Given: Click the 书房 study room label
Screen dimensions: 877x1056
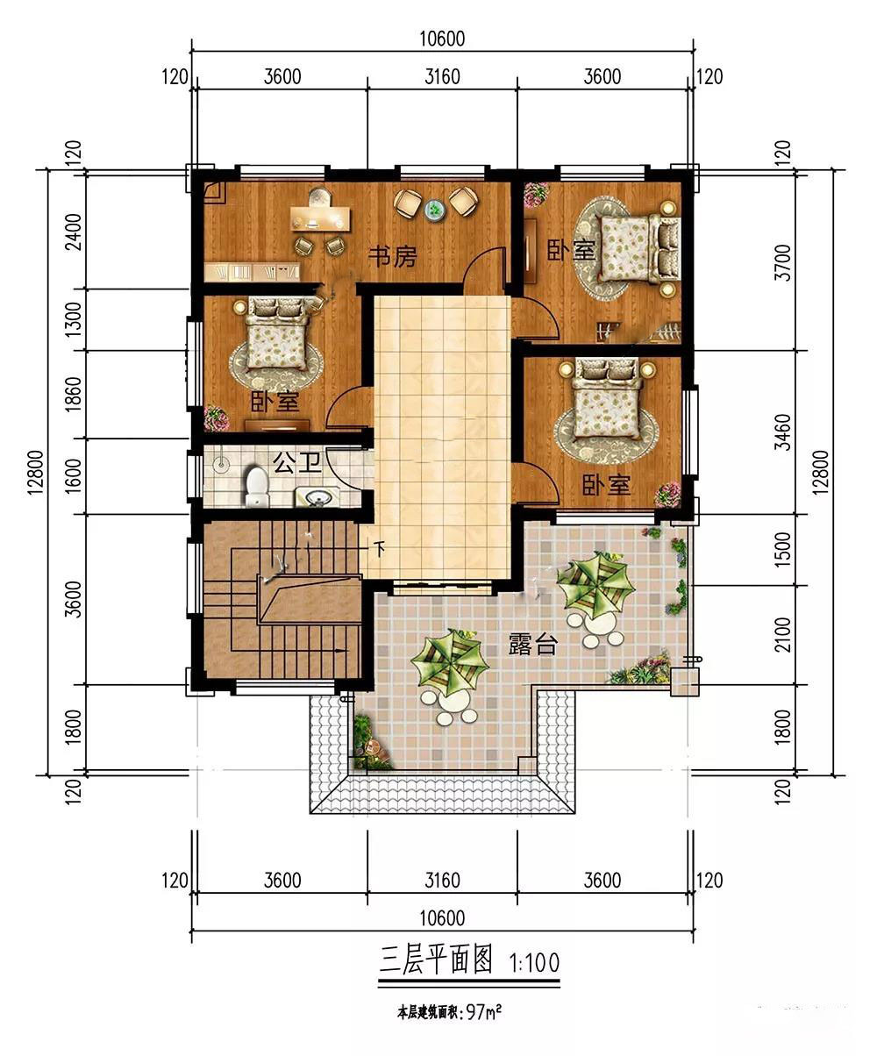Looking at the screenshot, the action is [x=392, y=256].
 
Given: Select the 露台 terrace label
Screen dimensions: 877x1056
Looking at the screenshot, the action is [x=532, y=644].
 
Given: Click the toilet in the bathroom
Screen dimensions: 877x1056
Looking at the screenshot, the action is [x=256, y=487].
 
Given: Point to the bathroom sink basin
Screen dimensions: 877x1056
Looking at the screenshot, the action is [x=317, y=497].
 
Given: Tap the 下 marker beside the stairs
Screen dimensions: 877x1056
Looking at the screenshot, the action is [x=380, y=547].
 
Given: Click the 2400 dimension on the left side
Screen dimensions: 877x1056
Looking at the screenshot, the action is [x=74, y=232].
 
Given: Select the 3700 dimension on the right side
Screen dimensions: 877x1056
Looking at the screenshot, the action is [x=783, y=262].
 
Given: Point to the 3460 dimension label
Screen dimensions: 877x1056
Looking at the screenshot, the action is [x=783, y=432].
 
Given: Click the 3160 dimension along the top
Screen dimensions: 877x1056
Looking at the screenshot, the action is [x=442, y=77].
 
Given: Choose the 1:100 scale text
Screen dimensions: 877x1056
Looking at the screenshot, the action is [x=534, y=962].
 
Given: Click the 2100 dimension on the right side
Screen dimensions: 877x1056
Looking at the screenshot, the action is [x=783, y=635].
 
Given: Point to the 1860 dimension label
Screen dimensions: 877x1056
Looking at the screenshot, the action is [x=74, y=394].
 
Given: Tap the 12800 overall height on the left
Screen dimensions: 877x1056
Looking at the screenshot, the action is [x=37, y=472].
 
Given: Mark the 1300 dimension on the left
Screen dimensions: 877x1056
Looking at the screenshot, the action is [x=74, y=319].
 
